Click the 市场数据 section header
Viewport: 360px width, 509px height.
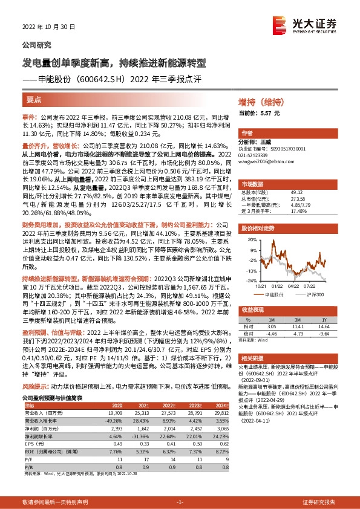[253, 184]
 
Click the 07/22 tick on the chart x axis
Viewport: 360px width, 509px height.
[310, 286]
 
